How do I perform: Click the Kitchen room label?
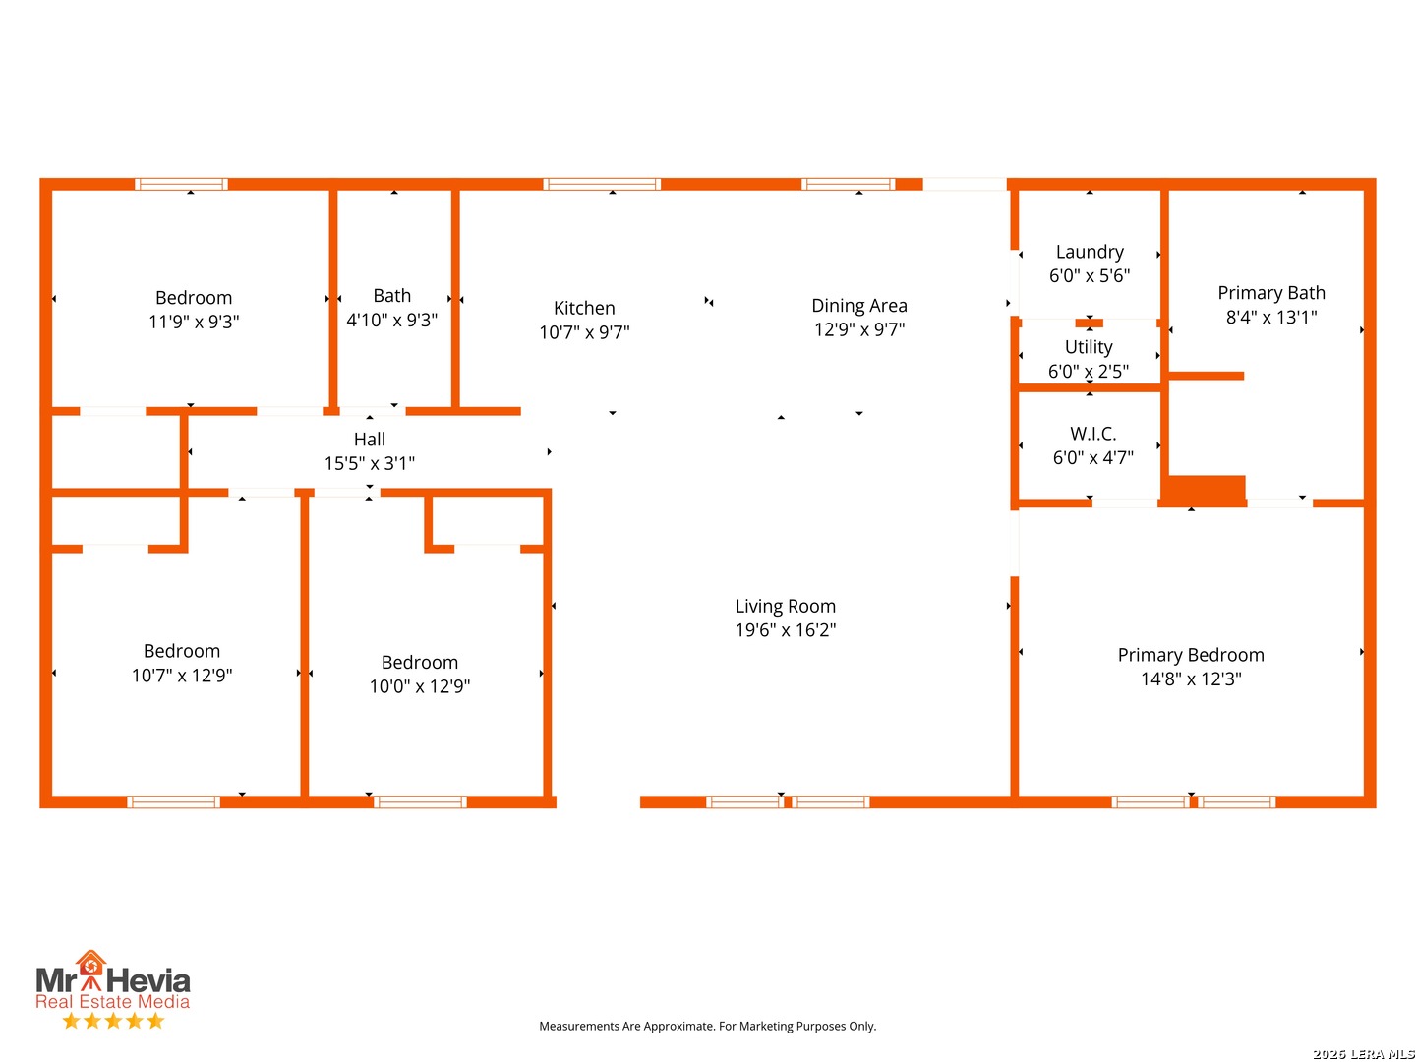click(x=584, y=308)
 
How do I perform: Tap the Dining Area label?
click(x=858, y=305)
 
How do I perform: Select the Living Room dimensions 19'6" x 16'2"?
click(x=785, y=630)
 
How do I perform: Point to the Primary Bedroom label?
click(x=1190, y=655)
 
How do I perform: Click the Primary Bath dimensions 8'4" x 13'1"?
click(x=1270, y=317)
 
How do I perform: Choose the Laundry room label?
click(x=1089, y=252)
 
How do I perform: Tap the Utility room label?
click(x=1089, y=347)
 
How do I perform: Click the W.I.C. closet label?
click(x=1092, y=433)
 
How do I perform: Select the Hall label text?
click(x=369, y=440)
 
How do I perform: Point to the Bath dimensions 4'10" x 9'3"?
click(x=391, y=320)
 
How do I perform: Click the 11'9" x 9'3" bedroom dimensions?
click(x=194, y=322)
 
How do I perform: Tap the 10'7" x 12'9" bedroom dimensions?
click(x=182, y=676)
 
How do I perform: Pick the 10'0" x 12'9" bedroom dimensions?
click(x=419, y=686)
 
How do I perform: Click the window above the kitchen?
click(x=601, y=185)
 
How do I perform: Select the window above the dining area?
click(x=848, y=185)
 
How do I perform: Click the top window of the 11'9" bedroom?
click(x=181, y=185)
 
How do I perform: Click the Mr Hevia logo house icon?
click(x=90, y=963)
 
